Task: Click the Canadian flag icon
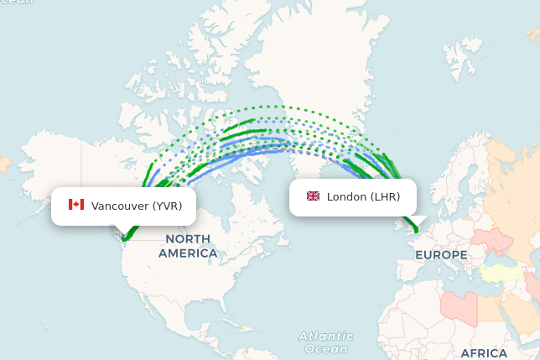(76, 205)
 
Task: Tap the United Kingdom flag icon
(313, 196)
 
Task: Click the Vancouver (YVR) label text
(137, 206)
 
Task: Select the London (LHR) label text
(363, 197)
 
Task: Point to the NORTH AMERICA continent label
(188, 246)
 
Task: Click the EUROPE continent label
(441, 254)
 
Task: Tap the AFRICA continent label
(484, 352)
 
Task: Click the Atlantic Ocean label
(326, 342)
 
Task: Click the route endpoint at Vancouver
(124, 239)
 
